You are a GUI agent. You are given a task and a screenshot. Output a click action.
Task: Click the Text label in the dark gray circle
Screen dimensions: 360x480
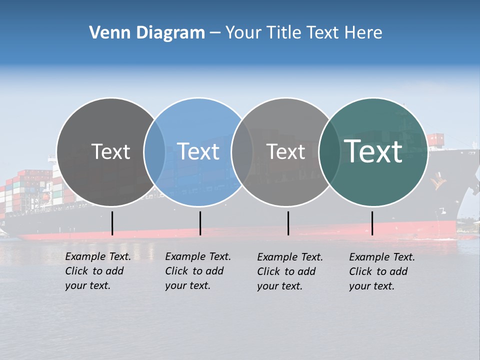110,151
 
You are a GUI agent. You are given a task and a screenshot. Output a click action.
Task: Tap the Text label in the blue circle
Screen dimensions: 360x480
198,151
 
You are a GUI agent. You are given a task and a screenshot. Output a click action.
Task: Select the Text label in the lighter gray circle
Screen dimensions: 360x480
285,151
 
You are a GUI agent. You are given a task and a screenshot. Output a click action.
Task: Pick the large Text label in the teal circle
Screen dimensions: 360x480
373,151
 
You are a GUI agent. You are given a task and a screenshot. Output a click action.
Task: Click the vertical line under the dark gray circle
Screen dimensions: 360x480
112,223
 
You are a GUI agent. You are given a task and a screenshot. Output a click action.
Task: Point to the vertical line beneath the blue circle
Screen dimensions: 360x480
200,223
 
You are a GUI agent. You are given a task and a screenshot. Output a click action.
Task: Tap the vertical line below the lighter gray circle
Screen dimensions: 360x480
288,223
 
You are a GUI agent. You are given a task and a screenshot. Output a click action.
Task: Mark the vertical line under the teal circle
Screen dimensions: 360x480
372,223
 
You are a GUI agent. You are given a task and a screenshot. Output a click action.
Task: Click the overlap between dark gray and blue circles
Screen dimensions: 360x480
154,151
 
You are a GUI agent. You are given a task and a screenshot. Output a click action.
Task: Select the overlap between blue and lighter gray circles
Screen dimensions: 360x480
242,151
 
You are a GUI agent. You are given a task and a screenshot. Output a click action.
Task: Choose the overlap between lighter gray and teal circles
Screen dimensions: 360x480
329,151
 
